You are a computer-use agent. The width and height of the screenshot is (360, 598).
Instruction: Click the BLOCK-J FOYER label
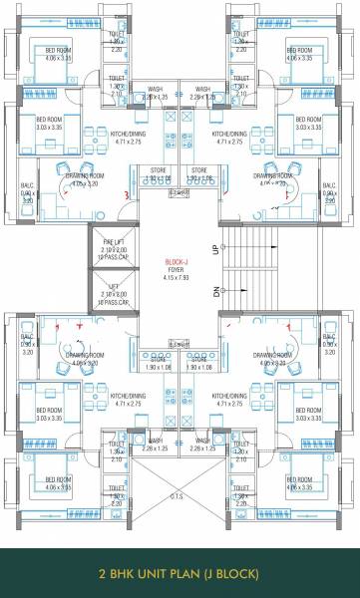click(180, 264)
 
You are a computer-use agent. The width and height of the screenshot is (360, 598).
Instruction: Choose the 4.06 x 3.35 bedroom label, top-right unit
click(303, 58)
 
